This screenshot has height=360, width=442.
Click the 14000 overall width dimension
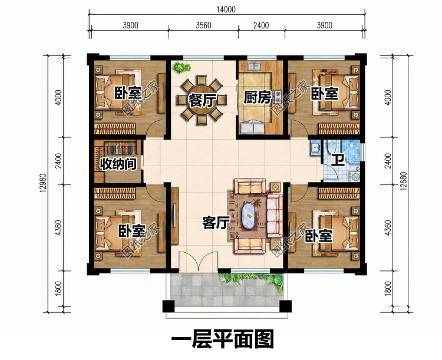(x=226, y=9)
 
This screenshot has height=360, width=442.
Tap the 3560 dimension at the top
(x=203, y=25)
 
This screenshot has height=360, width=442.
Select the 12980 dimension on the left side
(x=43, y=183)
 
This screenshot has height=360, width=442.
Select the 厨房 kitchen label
(x=257, y=98)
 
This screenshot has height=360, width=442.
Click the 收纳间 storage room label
(x=118, y=164)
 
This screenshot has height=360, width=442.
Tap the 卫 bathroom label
(x=338, y=160)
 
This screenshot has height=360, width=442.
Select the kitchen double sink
(x=255, y=66)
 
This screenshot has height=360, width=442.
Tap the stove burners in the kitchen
(x=277, y=96)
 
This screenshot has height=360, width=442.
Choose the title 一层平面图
(x=222, y=339)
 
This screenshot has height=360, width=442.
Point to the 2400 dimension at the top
(x=261, y=25)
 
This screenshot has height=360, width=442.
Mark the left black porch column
(x=169, y=306)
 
